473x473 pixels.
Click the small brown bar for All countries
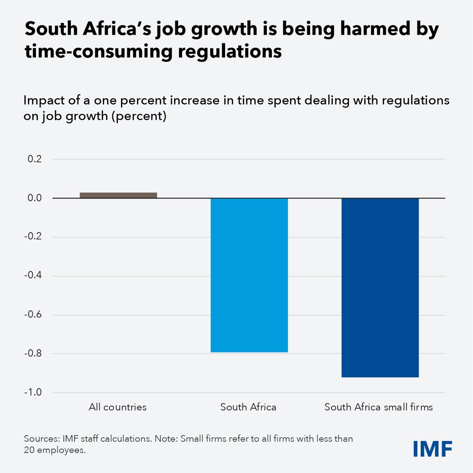(x=118, y=195)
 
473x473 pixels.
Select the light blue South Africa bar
(x=249, y=275)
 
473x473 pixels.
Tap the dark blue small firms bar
(x=380, y=288)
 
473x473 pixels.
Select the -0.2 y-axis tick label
(x=34, y=237)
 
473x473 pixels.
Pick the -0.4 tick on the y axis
(x=34, y=276)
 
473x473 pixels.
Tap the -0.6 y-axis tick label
(x=34, y=315)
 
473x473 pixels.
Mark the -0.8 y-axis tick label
(x=34, y=353)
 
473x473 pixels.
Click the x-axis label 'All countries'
(x=117, y=407)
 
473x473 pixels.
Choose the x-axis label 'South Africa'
(x=248, y=407)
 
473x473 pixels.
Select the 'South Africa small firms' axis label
(x=379, y=407)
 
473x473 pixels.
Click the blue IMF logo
(x=432, y=448)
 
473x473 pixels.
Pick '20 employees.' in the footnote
(x=55, y=450)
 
